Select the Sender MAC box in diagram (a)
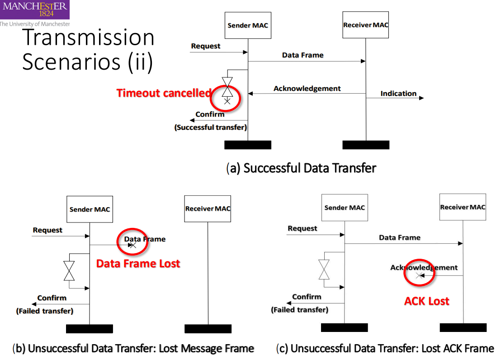point(248,25)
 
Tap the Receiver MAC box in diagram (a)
point(366,25)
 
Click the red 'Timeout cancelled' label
point(164,93)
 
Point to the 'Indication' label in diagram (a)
point(398,94)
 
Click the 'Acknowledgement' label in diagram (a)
point(307,89)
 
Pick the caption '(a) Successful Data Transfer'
point(301,168)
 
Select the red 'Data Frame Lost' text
point(138,264)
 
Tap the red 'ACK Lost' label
point(426,301)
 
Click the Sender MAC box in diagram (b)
point(90,209)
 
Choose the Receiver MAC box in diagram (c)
point(463,207)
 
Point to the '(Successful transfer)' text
point(211,128)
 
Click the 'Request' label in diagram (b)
point(47,230)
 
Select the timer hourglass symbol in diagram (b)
point(69,270)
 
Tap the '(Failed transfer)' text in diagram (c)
point(299,310)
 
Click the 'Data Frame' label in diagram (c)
point(400,237)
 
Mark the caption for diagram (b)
point(133,349)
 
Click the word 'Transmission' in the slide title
point(88,38)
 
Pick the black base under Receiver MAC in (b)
point(208,329)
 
